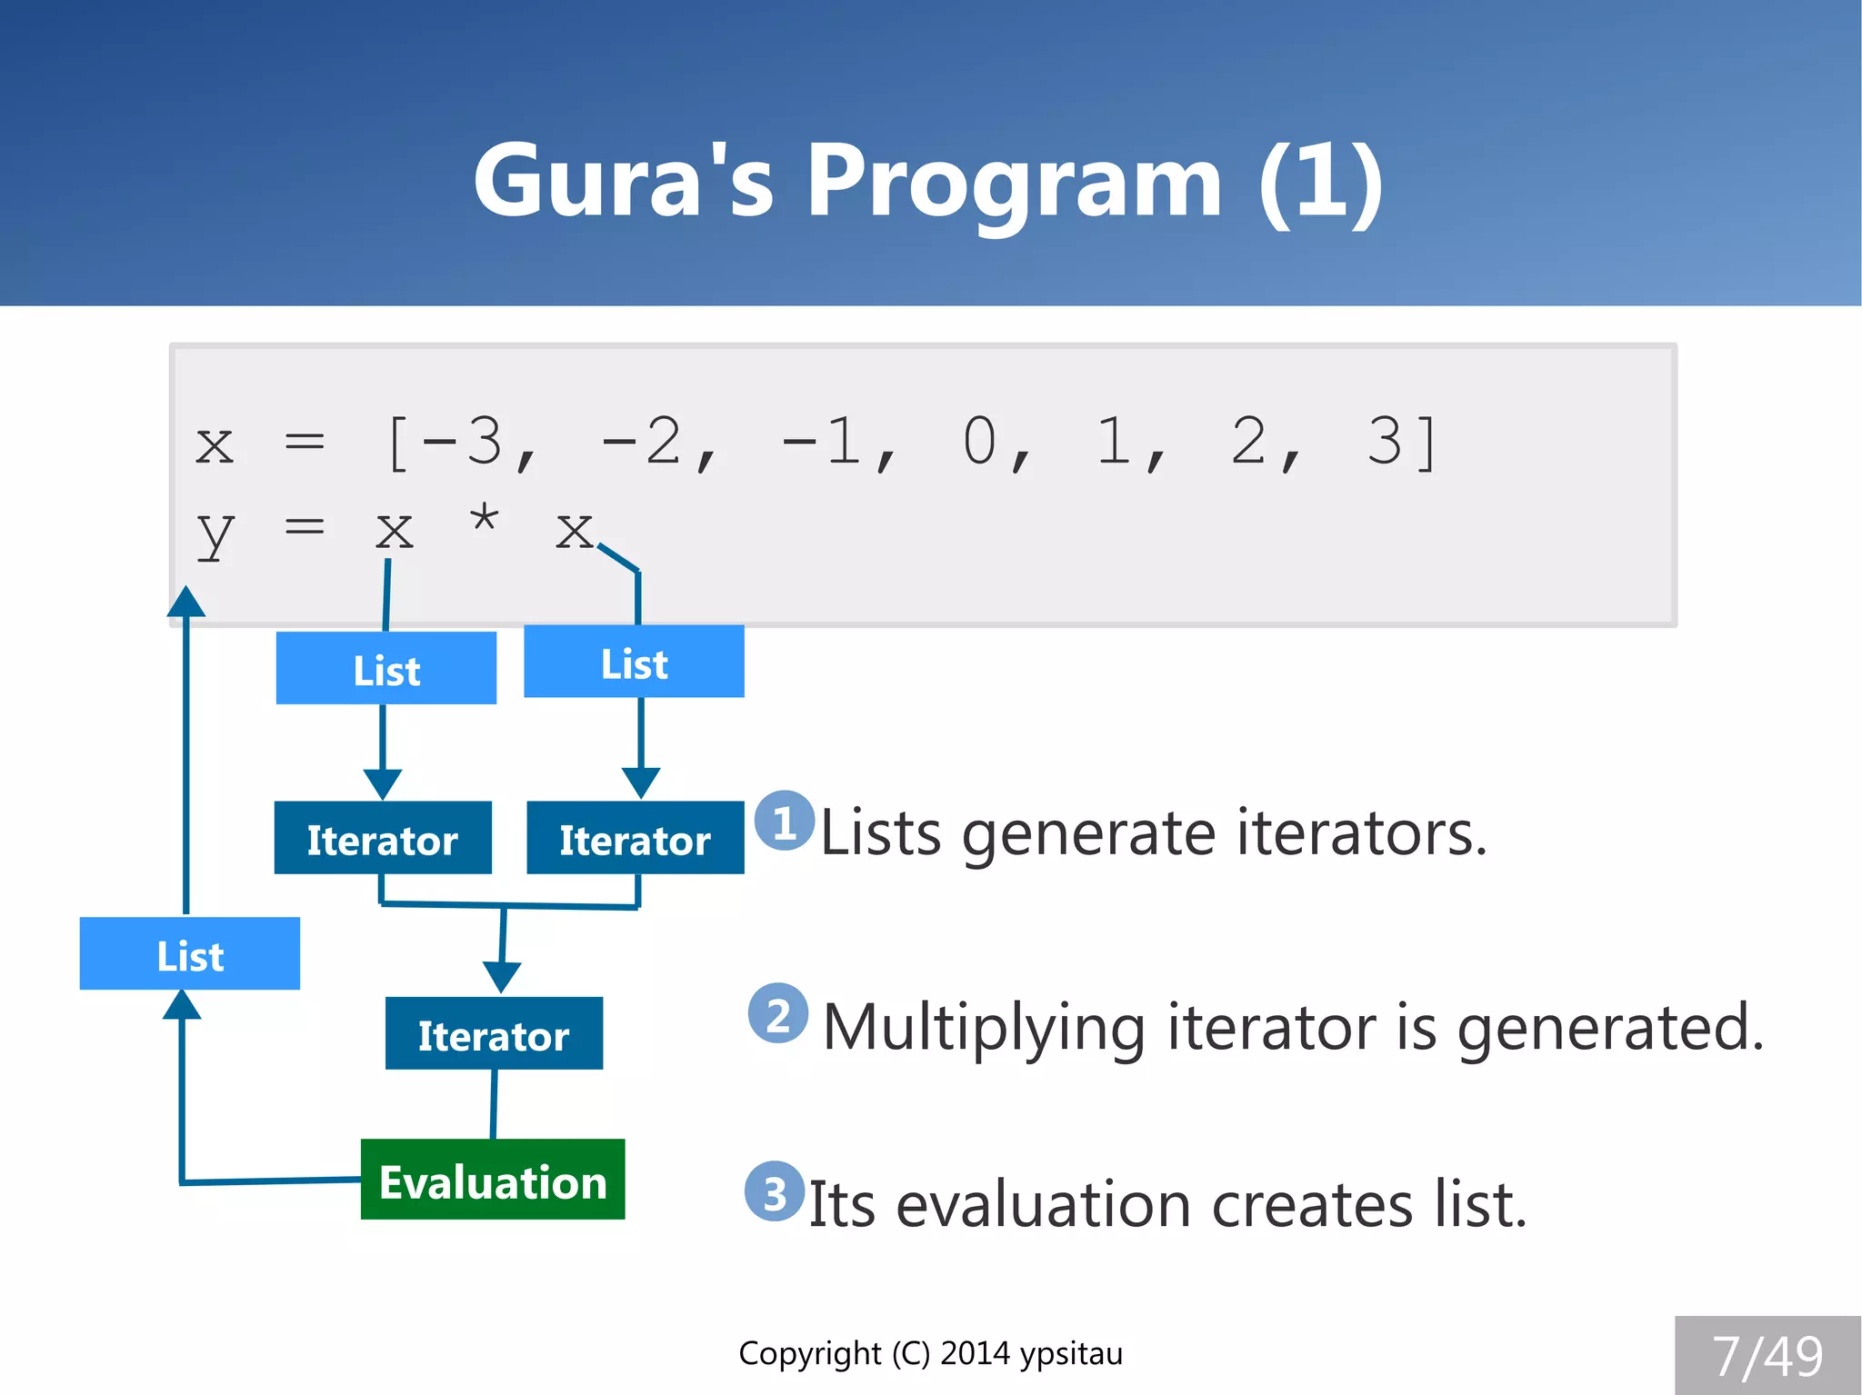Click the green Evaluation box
(493, 1180)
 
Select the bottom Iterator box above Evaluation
(494, 1034)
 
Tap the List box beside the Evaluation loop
(190, 954)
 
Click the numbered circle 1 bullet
(785, 822)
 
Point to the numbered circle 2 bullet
(778, 1013)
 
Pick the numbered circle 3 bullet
(775, 1191)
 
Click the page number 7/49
(1767, 1357)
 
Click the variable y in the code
(215, 533)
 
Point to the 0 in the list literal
(979, 443)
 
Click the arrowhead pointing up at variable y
(186, 602)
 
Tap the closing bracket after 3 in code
(1427, 443)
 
